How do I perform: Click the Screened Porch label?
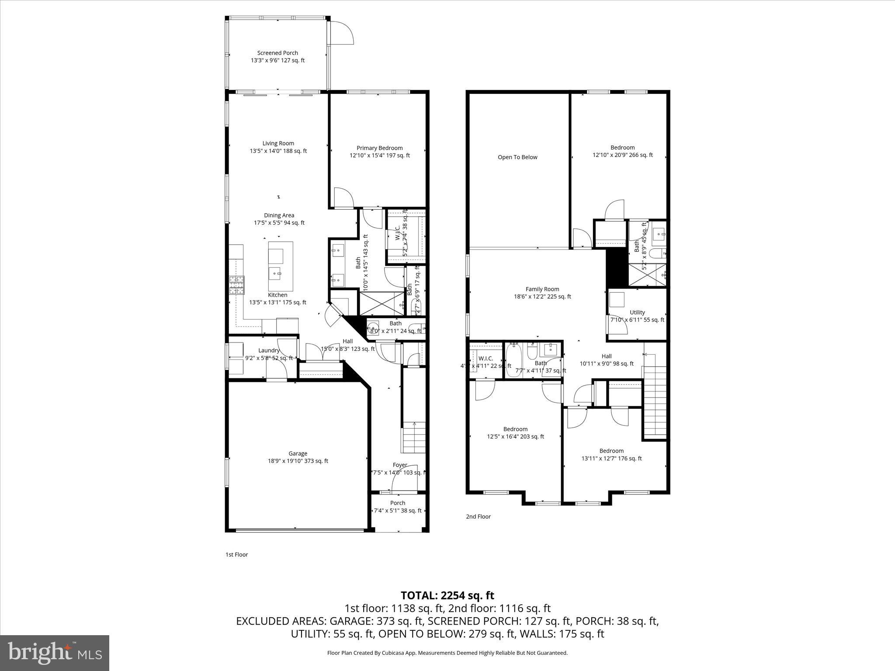click(278, 53)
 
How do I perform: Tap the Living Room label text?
click(278, 143)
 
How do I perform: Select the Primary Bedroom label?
click(379, 148)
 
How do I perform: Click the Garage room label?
click(298, 453)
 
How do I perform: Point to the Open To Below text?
click(517, 157)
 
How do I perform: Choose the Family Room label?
click(542, 289)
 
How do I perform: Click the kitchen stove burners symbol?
click(237, 285)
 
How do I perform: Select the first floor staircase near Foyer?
click(413, 437)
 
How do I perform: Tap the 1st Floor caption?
click(236, 554)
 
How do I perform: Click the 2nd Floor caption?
click(478, 516)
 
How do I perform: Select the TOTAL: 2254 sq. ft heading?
click(447, 595)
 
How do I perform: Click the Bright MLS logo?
click(55, 653)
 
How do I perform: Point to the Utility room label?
click(637, 312)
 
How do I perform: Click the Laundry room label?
click(269, 350)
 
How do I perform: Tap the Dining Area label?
click(279, 215)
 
